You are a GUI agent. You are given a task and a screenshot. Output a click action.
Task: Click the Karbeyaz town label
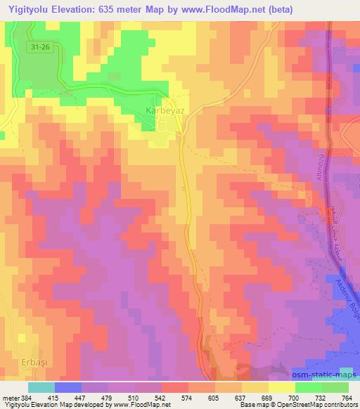point(165,111)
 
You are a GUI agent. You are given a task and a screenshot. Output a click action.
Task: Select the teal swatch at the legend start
point(41,387)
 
